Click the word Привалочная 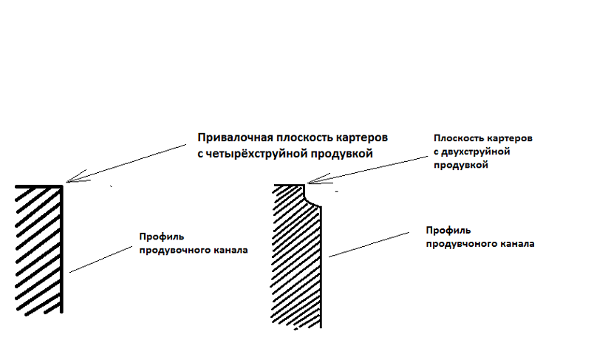235,138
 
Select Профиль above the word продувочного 162,237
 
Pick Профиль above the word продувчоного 448,231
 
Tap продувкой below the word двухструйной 460,165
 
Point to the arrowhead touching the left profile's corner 75,177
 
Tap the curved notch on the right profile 310,198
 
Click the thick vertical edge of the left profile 61,249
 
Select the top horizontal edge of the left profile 38,186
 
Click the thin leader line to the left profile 101,259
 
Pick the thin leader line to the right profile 369,245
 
